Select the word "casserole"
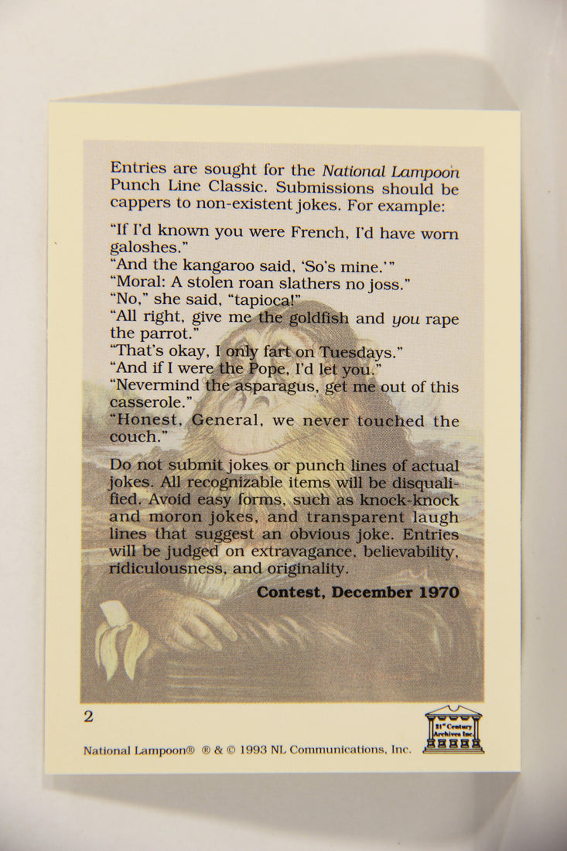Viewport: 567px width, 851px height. pos(145,403)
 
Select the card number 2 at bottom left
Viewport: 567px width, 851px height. pos(88,716)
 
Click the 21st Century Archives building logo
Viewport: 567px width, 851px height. pos(453,729)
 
